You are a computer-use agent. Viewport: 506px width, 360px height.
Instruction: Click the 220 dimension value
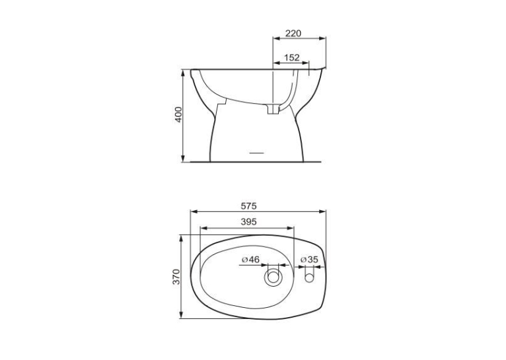coord(293,33)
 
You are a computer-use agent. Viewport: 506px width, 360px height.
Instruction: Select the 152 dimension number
coord(292,57)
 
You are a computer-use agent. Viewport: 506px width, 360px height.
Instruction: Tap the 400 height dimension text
coord(178,114)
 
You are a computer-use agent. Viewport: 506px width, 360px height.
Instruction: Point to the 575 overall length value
coord(248,206)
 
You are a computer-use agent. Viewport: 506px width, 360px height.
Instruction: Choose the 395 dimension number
coord(248,222)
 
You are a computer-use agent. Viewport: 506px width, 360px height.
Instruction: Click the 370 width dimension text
coord(176,277)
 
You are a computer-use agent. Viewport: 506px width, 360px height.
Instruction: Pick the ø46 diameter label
coord(251,260)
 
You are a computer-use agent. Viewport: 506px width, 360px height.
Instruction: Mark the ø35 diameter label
coord(309,260)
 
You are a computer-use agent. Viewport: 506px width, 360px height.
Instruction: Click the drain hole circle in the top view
coord(273,277)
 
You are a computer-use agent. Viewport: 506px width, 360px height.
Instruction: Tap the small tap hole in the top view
coord(309,277)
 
